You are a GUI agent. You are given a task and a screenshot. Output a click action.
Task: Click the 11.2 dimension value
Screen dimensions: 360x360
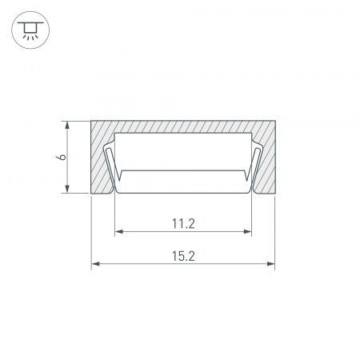pyautogui.click(x=183, y=223)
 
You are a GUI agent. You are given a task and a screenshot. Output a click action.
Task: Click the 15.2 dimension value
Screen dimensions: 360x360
pyautogui.click(x=183, y=256)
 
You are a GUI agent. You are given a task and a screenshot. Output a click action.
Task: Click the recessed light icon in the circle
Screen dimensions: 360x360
pyautogui.click(x=30, y=30)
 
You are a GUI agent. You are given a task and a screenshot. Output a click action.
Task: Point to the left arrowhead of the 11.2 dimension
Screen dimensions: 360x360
pyautogui.click(x=119, y=231)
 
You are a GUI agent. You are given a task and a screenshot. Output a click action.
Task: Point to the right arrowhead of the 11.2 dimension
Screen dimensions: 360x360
pyautogui.click(x=247, y=231)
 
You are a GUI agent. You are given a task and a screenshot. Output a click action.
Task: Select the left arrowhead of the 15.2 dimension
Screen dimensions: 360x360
pyautogui.click(x=96, y=264)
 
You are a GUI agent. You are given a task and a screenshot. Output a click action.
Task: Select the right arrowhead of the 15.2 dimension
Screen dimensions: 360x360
pyautogui.click(x=270, y=264)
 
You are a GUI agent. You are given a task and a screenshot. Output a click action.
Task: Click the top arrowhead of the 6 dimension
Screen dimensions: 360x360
pyautogui.click(x=67, y=126)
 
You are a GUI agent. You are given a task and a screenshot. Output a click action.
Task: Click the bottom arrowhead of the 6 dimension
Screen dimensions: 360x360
pyautogui.click(x=67, y=188)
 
